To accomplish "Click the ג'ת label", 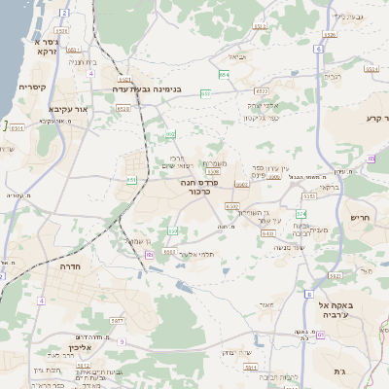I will (365, 371).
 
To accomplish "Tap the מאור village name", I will (266, 303).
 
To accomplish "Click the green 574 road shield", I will (301, 213).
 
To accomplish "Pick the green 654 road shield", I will (225, 74).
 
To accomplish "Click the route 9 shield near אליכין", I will (121, 341).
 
